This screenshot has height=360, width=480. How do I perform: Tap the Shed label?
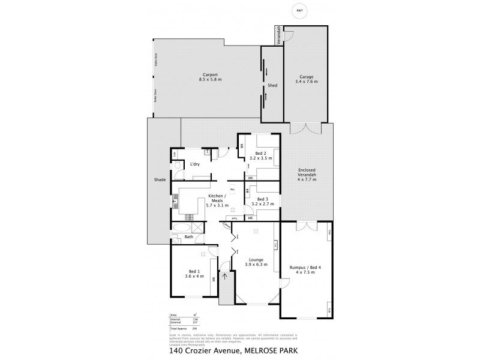pos(272,85)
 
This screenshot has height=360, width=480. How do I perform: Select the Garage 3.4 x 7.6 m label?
pos(308,79)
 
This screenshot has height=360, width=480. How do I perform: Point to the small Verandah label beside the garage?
pos(279,35)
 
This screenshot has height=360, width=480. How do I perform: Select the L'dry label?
pos(194,164)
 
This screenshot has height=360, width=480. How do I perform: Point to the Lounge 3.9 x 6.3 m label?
pos(254,262)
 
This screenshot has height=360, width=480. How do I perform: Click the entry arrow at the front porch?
pos(225,277)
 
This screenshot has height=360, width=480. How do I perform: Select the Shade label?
pos(159,179)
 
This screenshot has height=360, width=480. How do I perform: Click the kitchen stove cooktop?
pos(188,217)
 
